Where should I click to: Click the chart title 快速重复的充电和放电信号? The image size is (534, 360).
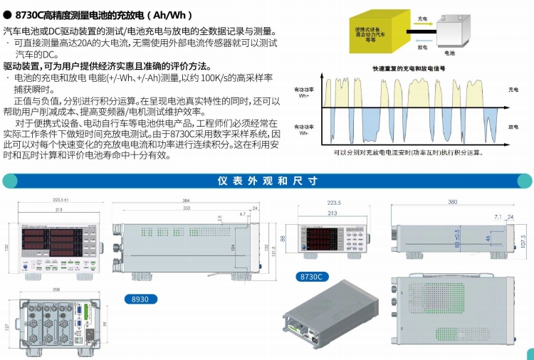pyautogui.click(x=408, y=68)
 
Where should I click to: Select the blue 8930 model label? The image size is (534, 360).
pyautogui.click(x=140, y=300)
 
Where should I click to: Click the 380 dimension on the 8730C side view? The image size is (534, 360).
pyautogui.click(x=454, y=201)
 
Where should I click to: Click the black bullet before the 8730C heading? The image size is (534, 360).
pyautogui.click(x=7, y=14)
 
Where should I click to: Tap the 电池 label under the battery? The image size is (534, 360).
pyautogui.click(x=449, y=53)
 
